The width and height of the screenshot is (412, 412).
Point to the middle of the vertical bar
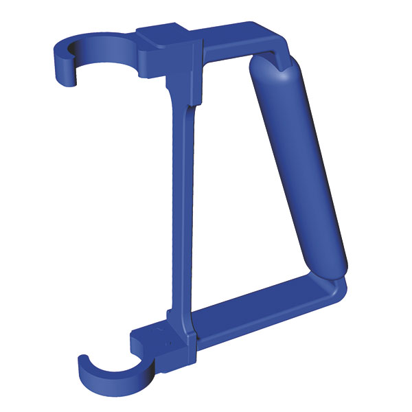click(180, 206)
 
